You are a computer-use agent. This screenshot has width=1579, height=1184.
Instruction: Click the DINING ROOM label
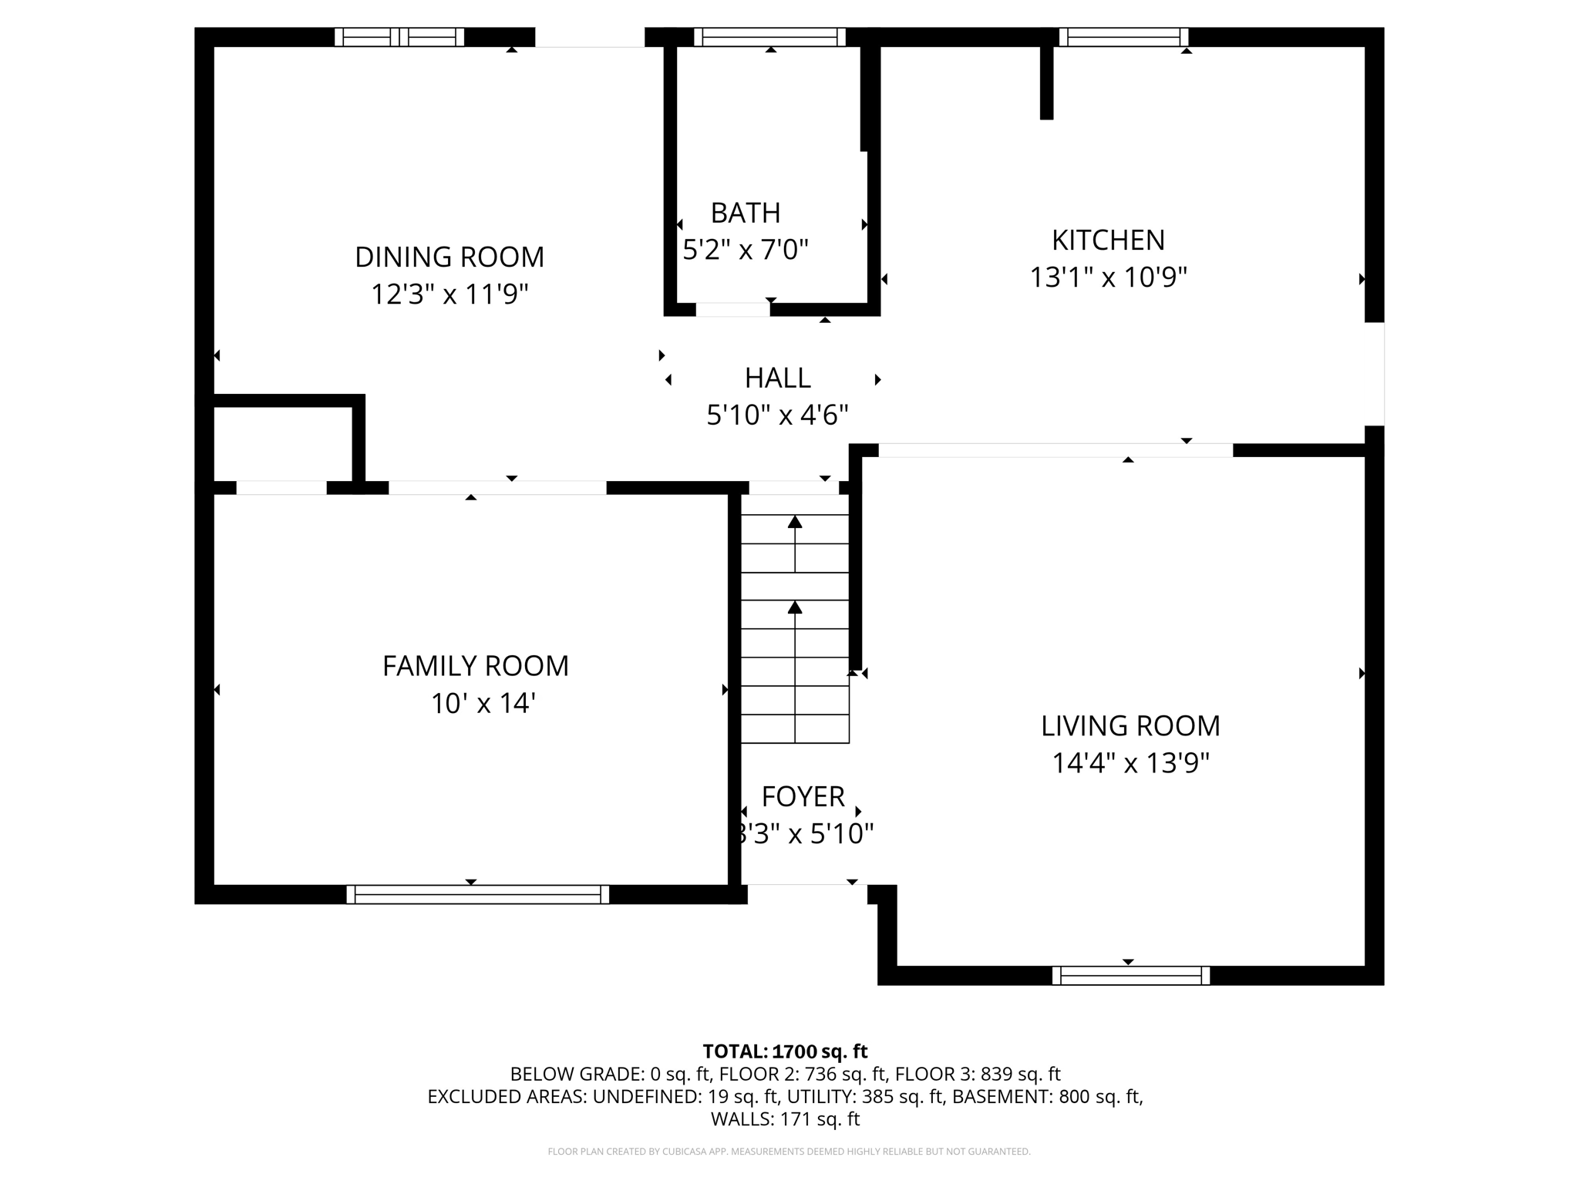pos(449,257)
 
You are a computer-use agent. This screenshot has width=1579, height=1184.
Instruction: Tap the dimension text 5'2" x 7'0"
pos(745,250)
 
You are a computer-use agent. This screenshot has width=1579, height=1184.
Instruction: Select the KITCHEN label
pos(1107,240)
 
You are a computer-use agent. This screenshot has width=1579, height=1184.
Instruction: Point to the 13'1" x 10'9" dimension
pos(1107,277)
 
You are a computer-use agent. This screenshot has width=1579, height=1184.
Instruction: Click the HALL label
pos(777,378)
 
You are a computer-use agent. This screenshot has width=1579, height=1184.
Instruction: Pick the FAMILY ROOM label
pos(475,666)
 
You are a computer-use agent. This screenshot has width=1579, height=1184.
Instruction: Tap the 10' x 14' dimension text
pos(483,703)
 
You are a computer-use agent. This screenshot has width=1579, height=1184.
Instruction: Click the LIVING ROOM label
pos(1130,726)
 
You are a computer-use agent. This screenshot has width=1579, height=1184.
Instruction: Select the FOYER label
pos(803,796)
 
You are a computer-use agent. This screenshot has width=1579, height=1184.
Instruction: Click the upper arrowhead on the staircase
pos(795,522)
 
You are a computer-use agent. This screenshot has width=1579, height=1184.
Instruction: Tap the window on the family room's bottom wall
pos(477,894)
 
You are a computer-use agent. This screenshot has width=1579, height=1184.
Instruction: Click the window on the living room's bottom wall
pos(1130,975)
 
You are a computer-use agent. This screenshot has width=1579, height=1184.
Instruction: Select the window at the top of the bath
pos(769,37)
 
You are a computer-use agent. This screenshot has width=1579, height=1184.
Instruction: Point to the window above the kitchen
pos(1123,37)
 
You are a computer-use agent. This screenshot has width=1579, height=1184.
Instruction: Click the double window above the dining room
pos(399,37)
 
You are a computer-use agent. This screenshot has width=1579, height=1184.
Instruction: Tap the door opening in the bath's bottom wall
pos(732,309)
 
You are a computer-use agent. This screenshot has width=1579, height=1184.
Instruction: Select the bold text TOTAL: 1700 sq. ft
pos(785,1051)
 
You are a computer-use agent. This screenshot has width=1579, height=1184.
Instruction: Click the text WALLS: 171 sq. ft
pos(785,1118)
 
